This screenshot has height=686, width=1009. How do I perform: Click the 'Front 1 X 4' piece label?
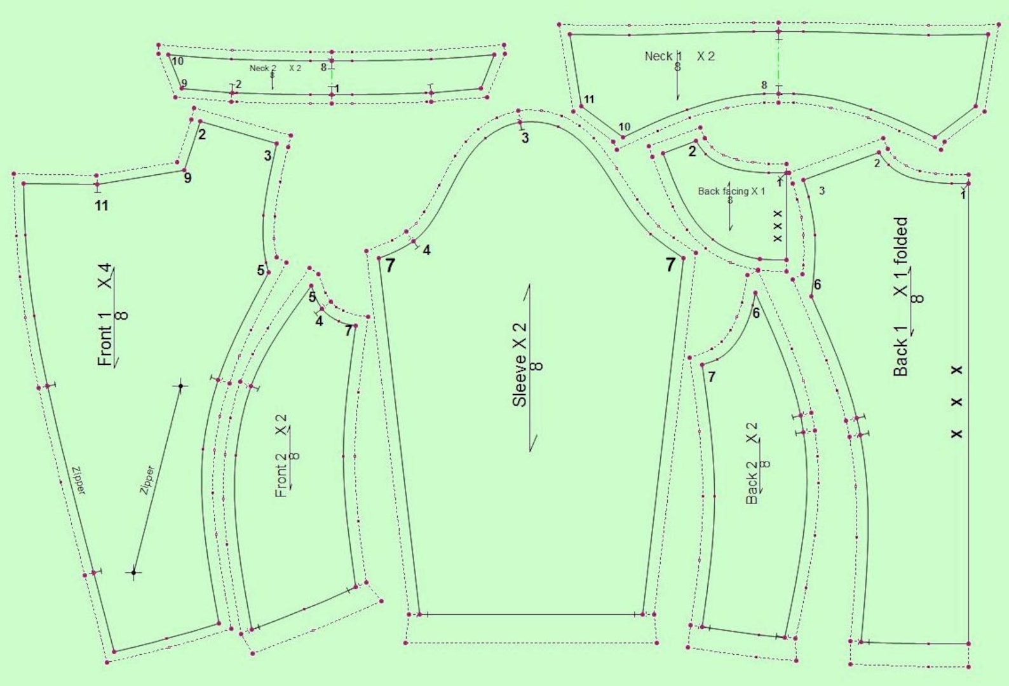point(105,315)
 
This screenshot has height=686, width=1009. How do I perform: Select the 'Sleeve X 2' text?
point(520,365)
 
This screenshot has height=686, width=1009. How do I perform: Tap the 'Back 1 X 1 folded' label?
point(901,297)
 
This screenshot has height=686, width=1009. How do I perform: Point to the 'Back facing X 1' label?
point(731,191)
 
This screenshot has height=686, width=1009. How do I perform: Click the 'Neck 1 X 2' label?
point(679,57)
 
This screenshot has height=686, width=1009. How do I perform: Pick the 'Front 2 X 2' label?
point(281,456)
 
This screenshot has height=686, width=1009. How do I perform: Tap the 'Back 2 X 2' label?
point(752,463)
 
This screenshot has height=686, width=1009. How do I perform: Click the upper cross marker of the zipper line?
point(181,385)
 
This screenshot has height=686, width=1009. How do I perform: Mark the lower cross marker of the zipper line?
point(133,573)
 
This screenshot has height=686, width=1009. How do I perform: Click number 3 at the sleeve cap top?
point(525,138)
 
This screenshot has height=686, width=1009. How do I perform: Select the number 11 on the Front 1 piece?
point(102,205)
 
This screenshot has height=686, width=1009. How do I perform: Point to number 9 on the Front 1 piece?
point(187,178)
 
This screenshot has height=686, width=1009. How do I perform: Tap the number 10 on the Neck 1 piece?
point(625,127)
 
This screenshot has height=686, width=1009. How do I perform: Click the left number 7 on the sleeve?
point(390,266)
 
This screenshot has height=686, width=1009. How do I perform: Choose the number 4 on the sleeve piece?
point(426,250)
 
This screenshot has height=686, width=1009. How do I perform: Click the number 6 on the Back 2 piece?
point(756,313)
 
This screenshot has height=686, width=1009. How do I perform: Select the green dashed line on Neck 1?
point(778,64)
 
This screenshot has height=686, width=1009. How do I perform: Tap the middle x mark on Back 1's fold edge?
point(957,402)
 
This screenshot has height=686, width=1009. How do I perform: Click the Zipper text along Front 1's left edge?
point(79,481)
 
